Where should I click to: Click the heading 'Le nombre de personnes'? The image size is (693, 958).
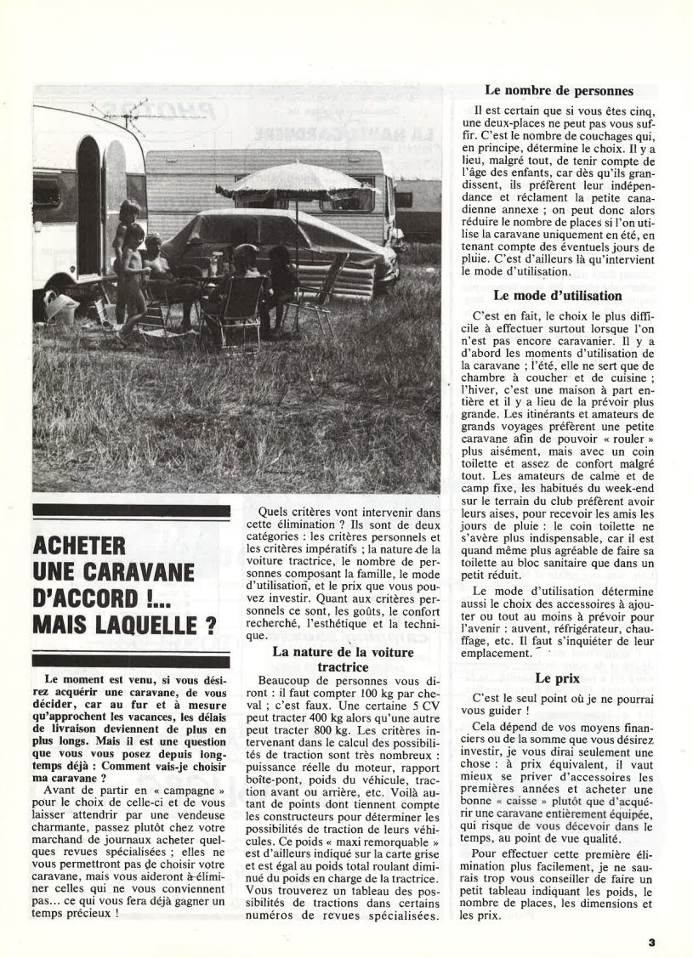(x=559, y=91)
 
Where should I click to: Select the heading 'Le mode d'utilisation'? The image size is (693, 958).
(x=558, y=296)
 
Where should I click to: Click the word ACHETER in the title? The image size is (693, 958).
(x=79, y=546)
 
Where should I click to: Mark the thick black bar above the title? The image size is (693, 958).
(x=131, y=512)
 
